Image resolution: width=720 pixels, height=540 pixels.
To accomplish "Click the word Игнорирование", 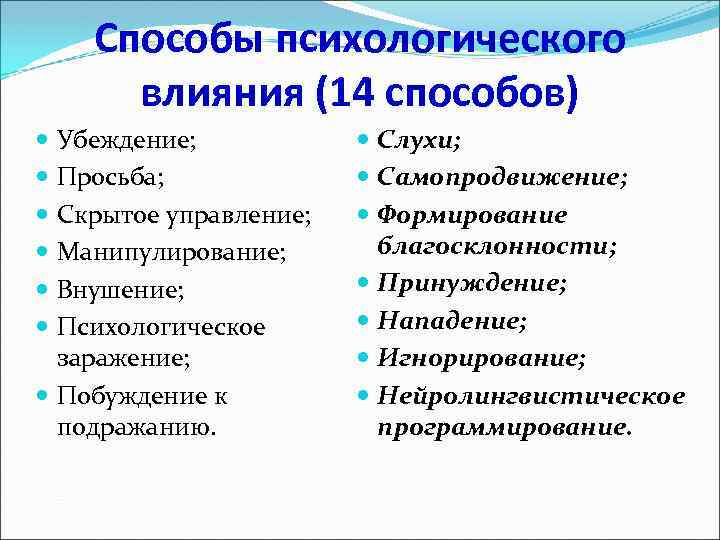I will tap(482, 358).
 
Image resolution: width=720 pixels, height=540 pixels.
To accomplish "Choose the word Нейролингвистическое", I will tap(531, 395).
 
